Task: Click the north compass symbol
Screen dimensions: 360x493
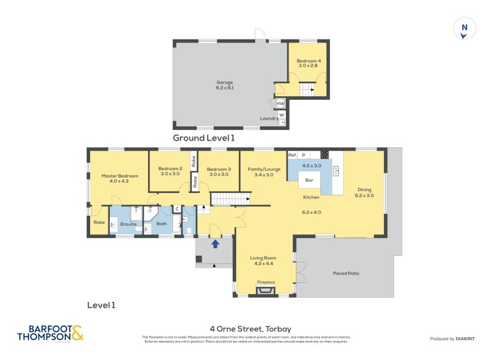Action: point(465,29)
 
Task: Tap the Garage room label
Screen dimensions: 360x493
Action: point(224,85)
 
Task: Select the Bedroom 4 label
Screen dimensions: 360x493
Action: point(308,63)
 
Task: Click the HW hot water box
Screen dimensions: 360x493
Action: point(280,104)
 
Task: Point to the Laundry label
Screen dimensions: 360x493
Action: point(268,118)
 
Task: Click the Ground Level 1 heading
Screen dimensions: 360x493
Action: point(203,138)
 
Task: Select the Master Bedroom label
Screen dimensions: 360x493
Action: point(120,178)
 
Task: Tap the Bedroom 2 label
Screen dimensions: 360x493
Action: point(170,171)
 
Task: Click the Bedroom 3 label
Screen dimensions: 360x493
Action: point(219,171)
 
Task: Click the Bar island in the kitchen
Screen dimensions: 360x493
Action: point(309,181)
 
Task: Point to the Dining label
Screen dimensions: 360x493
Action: point(364,192)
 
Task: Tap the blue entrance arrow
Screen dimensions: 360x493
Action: point(215,244)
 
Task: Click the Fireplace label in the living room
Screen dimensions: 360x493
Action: point(266,282)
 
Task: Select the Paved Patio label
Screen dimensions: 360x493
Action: point(345,273)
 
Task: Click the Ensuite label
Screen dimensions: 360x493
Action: point(128,224)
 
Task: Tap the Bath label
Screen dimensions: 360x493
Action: point(161,224)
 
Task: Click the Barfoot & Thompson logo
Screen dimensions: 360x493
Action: point(50,333)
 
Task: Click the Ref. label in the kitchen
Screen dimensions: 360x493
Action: point(292,155)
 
